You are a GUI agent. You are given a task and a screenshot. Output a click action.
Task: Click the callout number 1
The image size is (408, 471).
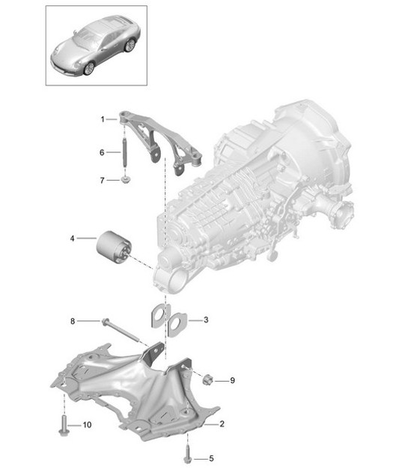point(103,119)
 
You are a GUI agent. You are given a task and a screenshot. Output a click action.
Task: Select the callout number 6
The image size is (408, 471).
point(103,152)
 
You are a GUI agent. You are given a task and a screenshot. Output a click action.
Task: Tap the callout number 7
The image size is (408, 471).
point(103,180)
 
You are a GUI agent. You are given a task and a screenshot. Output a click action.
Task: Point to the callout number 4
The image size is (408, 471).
point(73,239)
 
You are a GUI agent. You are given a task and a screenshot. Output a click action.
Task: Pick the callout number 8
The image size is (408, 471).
point(73,322)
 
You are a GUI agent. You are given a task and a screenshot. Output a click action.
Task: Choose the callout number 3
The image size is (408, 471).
point(205,320)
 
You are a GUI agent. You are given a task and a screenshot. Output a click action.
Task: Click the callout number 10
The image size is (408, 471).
point(87,425)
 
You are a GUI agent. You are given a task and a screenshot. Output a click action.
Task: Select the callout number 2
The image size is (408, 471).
point(222,424)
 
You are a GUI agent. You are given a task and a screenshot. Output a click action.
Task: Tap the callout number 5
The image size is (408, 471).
point(211,457)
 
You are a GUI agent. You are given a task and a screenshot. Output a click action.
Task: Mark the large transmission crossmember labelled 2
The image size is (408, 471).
point(135,390)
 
